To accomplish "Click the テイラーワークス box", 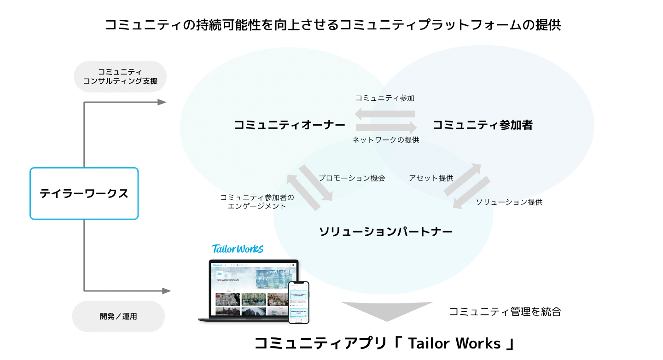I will click(84, 193).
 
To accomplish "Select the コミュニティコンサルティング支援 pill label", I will click(120, 76).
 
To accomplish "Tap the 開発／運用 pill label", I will click(118, 316).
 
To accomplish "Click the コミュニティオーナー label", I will click(290, 125).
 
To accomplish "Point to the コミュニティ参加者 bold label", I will click(483, 125).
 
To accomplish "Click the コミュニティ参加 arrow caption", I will click(385, 98).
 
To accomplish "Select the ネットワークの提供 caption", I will click(386, 140).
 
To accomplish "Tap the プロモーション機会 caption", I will click(352, 178).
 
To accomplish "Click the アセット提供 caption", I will click(431, 178).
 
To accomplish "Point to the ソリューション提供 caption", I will click(509, 202).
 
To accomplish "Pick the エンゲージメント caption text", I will click(257, 206).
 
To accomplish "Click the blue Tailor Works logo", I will click(238, 249).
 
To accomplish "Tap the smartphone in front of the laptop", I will click(299, 302).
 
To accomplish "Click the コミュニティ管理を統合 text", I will click(505, 312).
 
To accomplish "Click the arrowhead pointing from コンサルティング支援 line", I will click(162, 102).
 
